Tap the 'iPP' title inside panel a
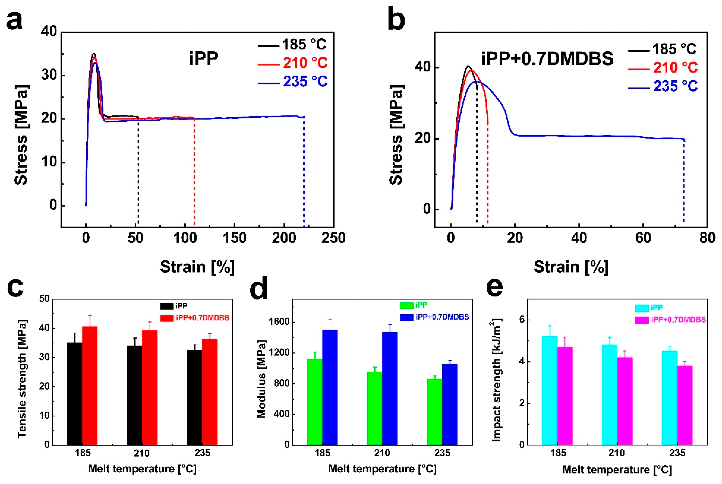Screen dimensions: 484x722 tap(204, 58)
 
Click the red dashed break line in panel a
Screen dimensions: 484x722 tap(194, 173)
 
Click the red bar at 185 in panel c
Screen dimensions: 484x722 tap(90, 386)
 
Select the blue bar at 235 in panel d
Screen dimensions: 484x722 tap(450, 404)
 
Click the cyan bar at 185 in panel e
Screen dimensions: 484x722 tap(549, 391)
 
